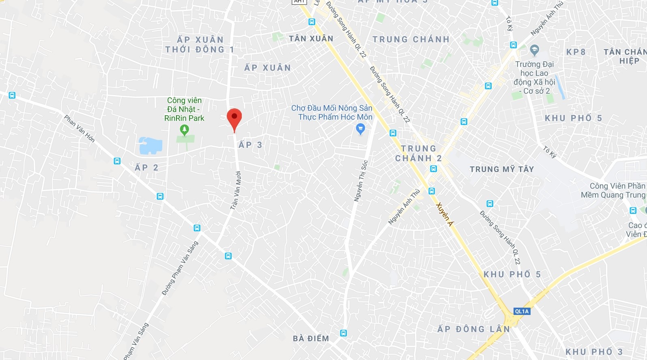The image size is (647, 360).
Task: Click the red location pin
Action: pos(234,117)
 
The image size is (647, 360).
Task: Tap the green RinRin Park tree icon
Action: pos(184,130)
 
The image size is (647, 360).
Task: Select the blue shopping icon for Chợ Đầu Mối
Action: pos(360,129)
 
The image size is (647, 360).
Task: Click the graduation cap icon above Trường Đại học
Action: pos(534,50)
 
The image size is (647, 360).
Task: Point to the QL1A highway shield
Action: pos(522,311)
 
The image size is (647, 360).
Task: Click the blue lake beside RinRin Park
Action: pos(150,146)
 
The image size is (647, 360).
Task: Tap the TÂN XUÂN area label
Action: pos(311,39)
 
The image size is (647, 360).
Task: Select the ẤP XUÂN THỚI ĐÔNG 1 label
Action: pos(200,45)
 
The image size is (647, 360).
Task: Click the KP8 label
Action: pos(576,52)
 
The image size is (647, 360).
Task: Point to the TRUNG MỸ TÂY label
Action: pos(502,169)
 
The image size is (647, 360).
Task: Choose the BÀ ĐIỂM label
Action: pos(311,338)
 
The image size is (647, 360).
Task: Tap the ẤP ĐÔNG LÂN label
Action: pos(473,329)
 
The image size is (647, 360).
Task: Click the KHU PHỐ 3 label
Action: pos(594,351)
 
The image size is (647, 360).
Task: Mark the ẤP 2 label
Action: pos(146,167)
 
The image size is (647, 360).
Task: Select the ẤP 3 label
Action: pos(250,144)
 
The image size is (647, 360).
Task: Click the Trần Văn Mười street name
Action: pos(236,190)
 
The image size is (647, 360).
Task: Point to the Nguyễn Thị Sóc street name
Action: pos(361,181)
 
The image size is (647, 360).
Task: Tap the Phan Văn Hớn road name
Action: pos(80,128)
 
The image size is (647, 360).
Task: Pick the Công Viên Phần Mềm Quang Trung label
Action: pos(613,190)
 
